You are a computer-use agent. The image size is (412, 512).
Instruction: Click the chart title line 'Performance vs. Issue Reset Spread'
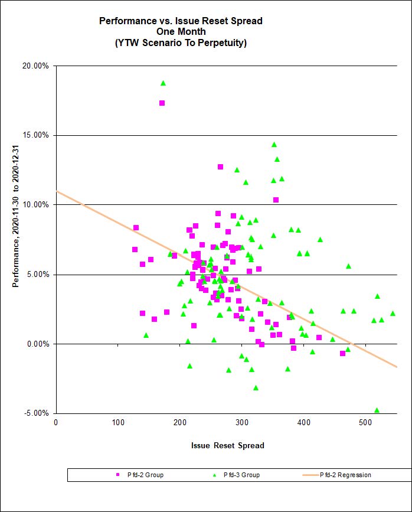[181, 21]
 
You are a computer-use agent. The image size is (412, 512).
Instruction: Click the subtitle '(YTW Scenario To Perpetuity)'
[181, 43]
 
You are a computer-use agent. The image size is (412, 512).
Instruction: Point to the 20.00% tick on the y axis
[35, 66]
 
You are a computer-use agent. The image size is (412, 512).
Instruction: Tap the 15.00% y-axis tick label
[35, 135]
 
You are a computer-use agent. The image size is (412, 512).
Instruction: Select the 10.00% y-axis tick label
[35, 205]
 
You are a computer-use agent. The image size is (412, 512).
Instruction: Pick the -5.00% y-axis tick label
[36, 413]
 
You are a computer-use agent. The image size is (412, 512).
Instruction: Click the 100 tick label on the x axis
[118, 422]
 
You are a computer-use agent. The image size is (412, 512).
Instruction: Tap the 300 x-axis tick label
[242, 422]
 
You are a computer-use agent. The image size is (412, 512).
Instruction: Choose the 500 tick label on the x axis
[366, 422]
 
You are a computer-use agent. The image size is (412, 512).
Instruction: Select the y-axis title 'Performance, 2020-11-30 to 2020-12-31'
[16, 239]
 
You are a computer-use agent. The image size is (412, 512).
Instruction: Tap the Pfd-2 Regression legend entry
[345, 475]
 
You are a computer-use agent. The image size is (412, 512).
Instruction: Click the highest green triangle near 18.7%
[163, 83]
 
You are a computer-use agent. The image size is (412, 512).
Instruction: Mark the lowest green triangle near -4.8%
[377, 410]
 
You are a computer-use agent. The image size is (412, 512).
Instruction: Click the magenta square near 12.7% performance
[220, 167]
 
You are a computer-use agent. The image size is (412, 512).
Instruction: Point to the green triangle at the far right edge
[393, 314]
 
